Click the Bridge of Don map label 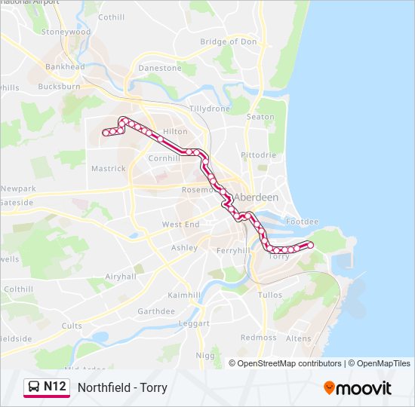[x=229, y=41]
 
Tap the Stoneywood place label [x=66, y=32]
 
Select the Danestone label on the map [x=160, y=68]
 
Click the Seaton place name [x=261, y=117]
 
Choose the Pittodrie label [x=259, y=155]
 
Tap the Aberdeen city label [x=257, y=197]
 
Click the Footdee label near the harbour [x=303, y=222]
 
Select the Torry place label [x=279, y=256]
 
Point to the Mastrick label [x=108, y=169]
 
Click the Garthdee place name [x=156, y=311]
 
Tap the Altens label [x=298, y=339]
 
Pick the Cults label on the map [x=72, y=326]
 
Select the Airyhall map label [x=121, y=277]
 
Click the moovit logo [x=358, y=388]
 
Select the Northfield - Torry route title [x=122, y=388]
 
